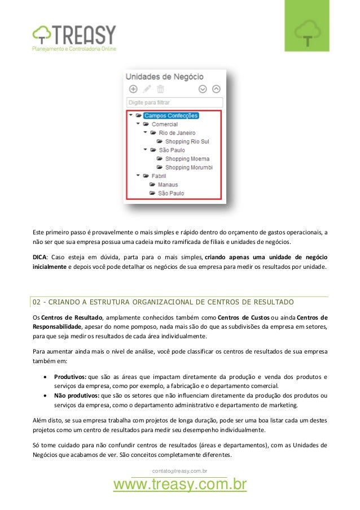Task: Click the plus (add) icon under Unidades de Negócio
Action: pyautogui.click(x=133, y=89)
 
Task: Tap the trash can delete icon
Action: pyautogui.click(x=160, y=89)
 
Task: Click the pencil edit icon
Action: pyautogui.click(x=147, y=89)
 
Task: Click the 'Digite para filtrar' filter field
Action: pyautogui.click(x=175, y=103)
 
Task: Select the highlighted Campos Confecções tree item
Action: pyautogui.click(x=171, y=116)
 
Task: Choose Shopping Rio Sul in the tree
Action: pyautogui.click(x=186, y=141)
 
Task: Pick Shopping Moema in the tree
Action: pyautogui.click(x=187, y=159)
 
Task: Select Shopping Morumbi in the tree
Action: pyautogui.click(x=188, y=168)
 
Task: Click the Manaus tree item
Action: pyautogui.click(x=168, y=185)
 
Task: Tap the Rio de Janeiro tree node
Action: pyautogui.click(x=177, y=133)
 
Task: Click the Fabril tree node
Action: pyautogui.click(x=159, y=176)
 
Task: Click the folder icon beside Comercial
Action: pyautogui.click(x=146, y=124)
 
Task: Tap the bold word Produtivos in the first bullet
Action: pyautogui.click(x=70, y=376)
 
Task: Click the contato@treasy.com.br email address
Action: pyautogui.click(x=180, y=470)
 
